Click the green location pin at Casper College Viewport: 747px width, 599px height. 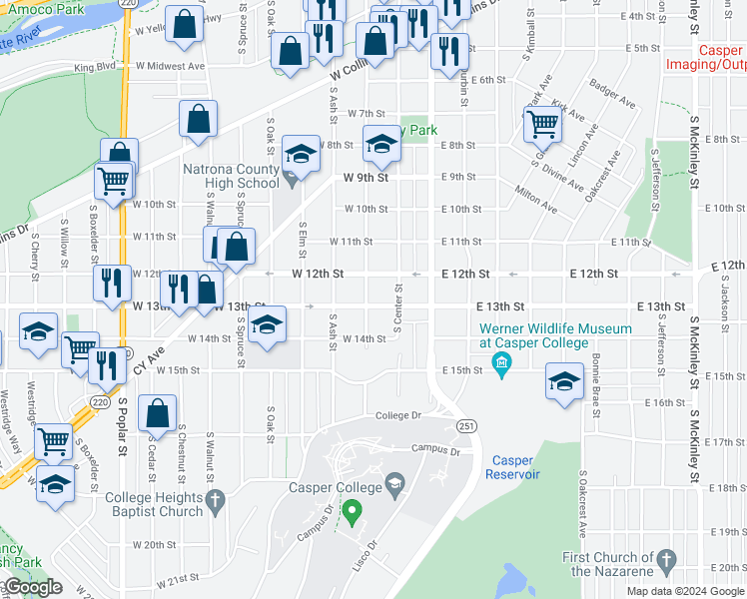point(351,513)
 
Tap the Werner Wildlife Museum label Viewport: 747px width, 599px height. point(555,335)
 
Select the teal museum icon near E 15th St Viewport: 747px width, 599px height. point(502,370)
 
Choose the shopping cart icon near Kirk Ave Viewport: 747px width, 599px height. point(542,125)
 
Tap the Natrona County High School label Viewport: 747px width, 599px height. point(231,176)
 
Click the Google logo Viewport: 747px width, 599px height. point(32,588)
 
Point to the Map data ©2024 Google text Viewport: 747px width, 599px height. point(685,591)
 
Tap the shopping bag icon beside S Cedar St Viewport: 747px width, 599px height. point(158,412)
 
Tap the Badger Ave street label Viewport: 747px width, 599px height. point(612,95)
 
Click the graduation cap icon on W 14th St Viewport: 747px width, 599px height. point(267,325)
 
